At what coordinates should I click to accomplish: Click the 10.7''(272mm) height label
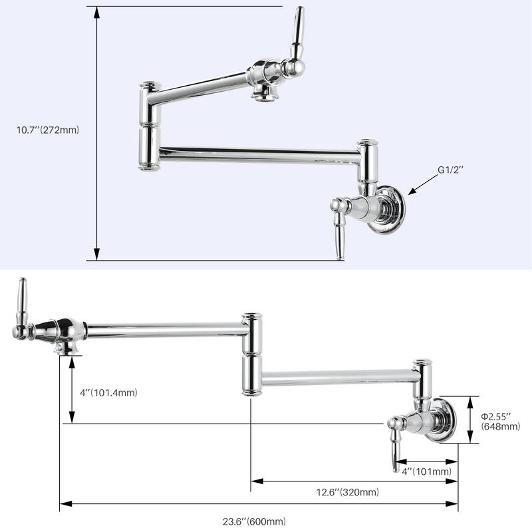click(48, 130)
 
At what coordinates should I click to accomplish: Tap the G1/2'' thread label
click(450, 170)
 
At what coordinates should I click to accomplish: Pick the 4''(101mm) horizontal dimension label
click(426, 471)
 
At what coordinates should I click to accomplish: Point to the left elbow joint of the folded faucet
click(148, 126)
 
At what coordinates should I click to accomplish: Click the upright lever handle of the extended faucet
click(23, 307)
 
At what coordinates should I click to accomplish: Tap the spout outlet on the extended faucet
click(69, 348)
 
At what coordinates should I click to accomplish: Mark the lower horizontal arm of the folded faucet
click(259, 155)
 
